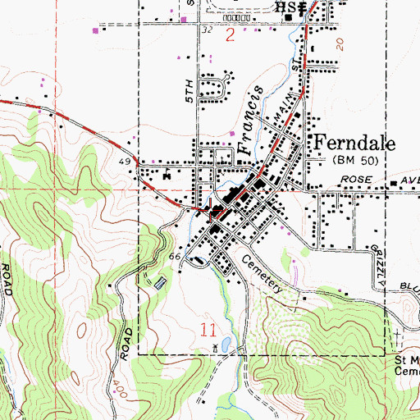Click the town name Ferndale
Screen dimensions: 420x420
354,142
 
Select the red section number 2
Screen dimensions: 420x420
230,35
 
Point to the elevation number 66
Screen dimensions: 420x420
174,257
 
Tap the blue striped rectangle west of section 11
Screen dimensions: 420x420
160,283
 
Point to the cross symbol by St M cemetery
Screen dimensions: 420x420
399,337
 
